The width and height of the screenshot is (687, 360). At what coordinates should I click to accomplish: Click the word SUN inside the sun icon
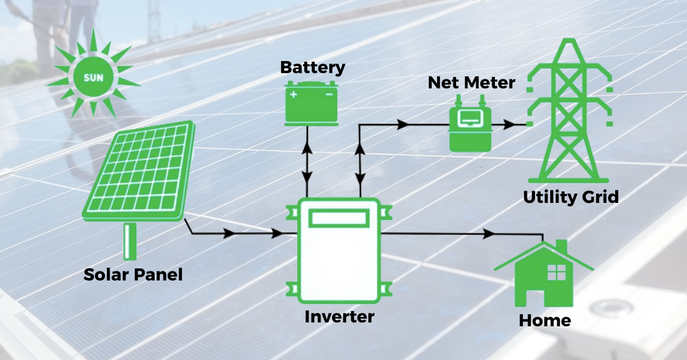point(94,78)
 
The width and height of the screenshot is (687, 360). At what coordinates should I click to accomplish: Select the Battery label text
point(312,67)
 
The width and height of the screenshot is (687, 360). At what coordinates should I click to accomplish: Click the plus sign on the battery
point(294,95)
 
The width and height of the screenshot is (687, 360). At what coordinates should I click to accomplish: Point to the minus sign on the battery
point(329,95)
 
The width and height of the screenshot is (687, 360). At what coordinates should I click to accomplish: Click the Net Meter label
point(471,83)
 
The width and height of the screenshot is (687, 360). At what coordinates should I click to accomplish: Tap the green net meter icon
point(471,127)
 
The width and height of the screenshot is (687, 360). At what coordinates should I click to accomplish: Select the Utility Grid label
point(571,197)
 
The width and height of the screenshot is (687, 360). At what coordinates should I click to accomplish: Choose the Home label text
point(545,320)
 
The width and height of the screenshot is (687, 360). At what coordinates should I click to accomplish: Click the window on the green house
point(556,272)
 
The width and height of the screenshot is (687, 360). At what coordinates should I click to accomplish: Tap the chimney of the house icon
point(561,247)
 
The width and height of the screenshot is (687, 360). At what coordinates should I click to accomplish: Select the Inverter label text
point(339,316)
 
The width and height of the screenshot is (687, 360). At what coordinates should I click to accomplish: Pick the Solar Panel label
point(133,275)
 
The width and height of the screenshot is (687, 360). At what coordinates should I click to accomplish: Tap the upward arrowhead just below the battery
point(307,148)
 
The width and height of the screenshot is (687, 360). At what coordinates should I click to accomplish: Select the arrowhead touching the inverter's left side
point(277,234)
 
